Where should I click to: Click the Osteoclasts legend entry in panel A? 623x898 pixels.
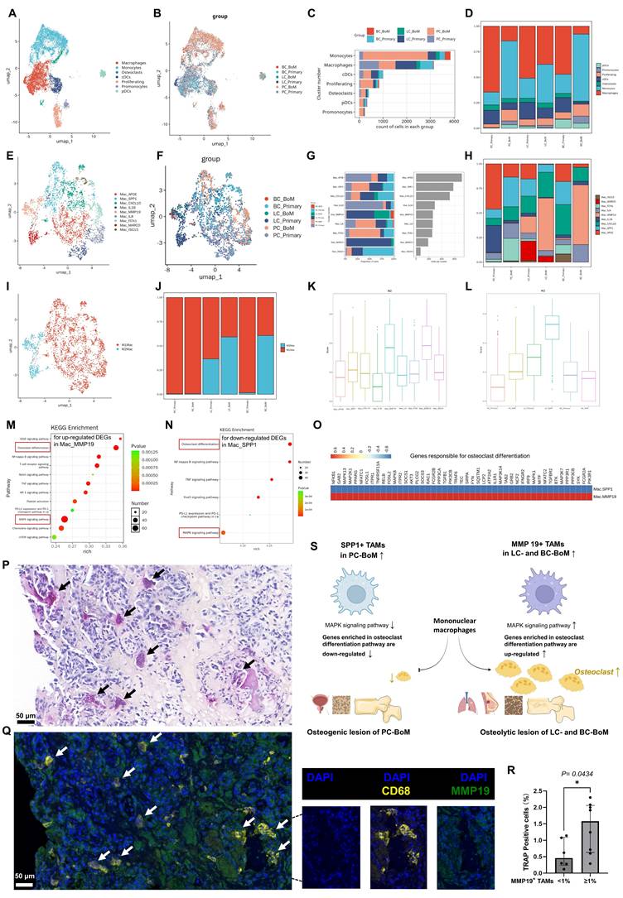point(128,74)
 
